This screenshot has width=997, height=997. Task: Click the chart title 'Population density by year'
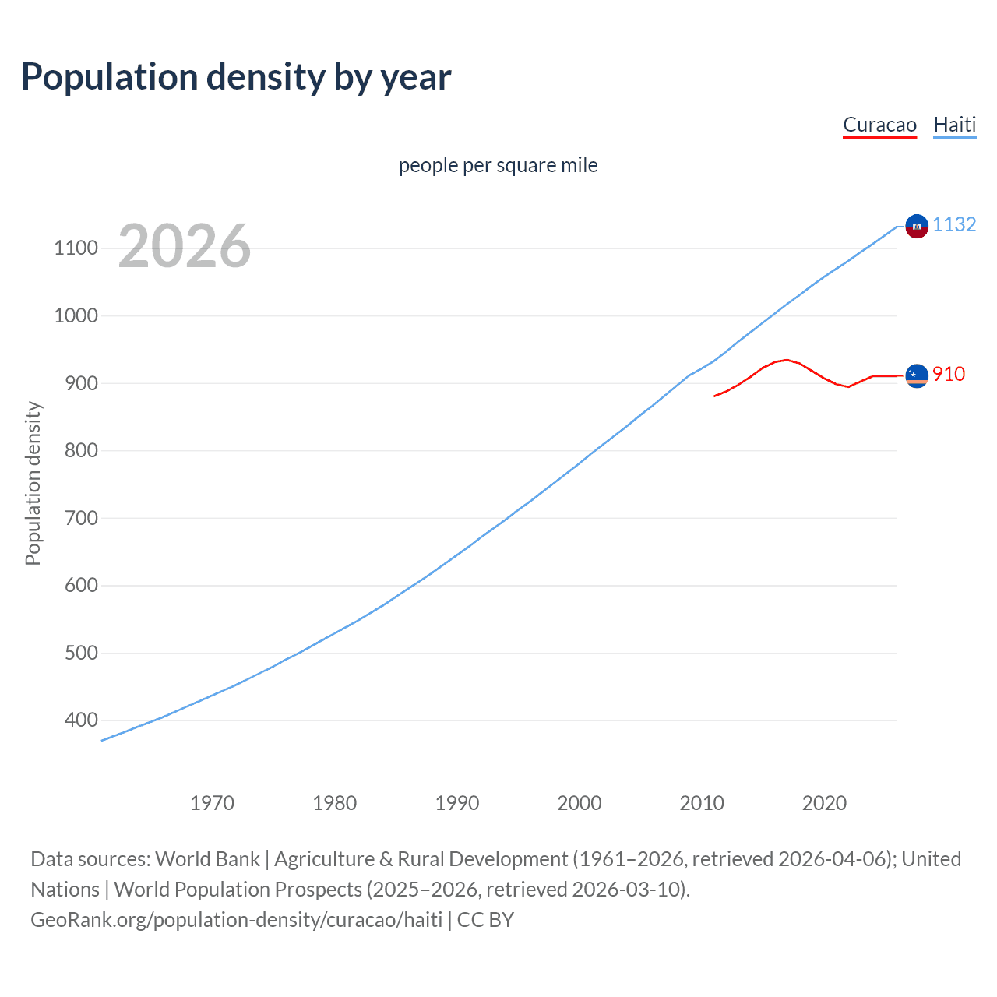pos(236,77)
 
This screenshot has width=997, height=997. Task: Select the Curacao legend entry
pos(879,125)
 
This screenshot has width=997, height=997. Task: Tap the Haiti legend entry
pos(954,125)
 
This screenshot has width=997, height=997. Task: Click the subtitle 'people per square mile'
pos(498,166)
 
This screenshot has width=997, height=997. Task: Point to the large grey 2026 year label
pos(185,246)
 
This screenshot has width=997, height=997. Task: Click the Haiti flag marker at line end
pos(917,226)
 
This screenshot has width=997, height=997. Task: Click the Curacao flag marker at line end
pos(917,375)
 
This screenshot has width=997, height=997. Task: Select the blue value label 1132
pos(954,225)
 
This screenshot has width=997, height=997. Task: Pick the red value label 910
pos(949,375)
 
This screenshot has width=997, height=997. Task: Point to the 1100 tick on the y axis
pos(76,248)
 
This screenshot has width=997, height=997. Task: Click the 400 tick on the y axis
pos(81,720)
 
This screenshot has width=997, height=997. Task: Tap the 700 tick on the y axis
pos(81,518)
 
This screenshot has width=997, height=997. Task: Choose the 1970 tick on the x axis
pos(212,803)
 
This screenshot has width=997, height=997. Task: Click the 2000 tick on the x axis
pos(580,803)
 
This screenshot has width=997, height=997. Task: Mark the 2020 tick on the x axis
pos(824,803)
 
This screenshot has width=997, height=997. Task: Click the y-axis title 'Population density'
pos(33,483)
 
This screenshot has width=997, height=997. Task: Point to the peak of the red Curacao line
pos(787,360)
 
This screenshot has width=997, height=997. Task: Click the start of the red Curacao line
pos(714,396)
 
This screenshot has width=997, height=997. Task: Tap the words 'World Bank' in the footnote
pos(207,859)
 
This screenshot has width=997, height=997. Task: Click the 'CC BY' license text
pos(485,920)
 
